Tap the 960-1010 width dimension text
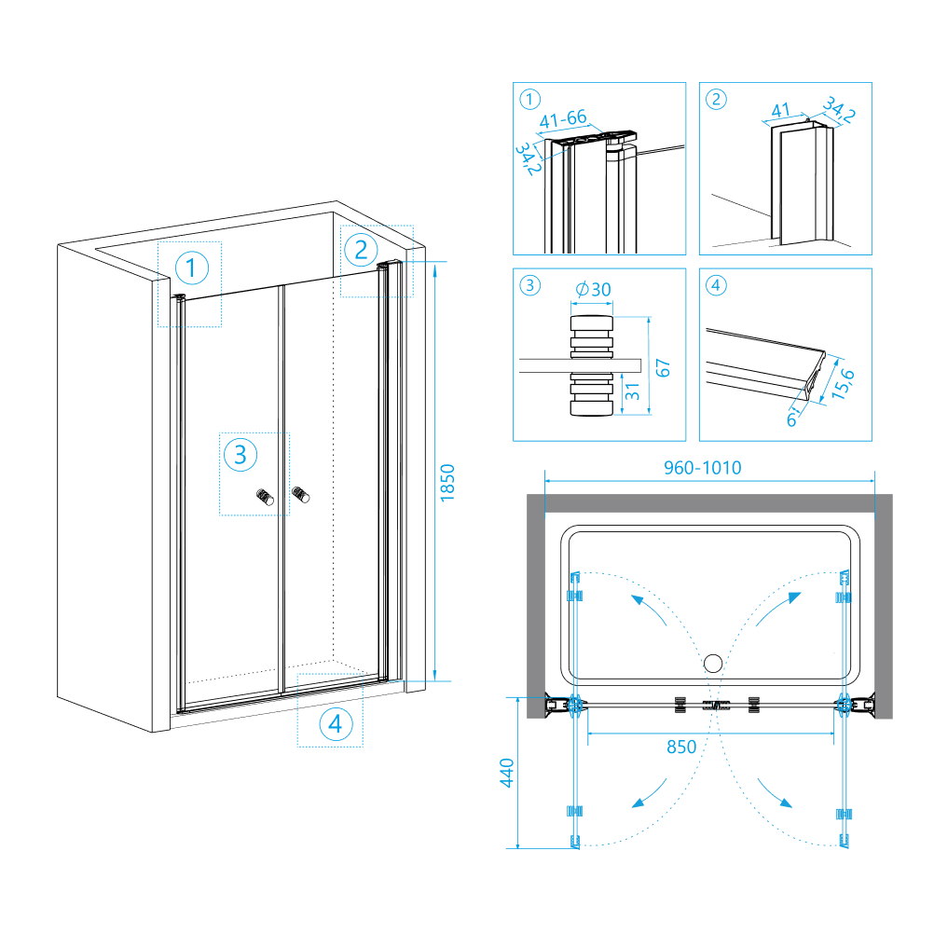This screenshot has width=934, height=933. [x=703, y=468]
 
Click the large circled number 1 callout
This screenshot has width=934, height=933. [x=191, y=269]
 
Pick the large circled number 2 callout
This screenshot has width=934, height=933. [x=361, y=249]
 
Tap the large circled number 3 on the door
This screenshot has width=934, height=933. [x=240, y=455]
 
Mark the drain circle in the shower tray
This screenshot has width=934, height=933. [x=713, y=665]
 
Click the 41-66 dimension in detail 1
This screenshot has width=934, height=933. [x=564, y=118]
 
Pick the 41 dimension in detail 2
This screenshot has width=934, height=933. [x=779, y=111]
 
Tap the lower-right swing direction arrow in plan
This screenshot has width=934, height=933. [x=776, y=793]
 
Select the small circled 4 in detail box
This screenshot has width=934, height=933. [x=715, y=285]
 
